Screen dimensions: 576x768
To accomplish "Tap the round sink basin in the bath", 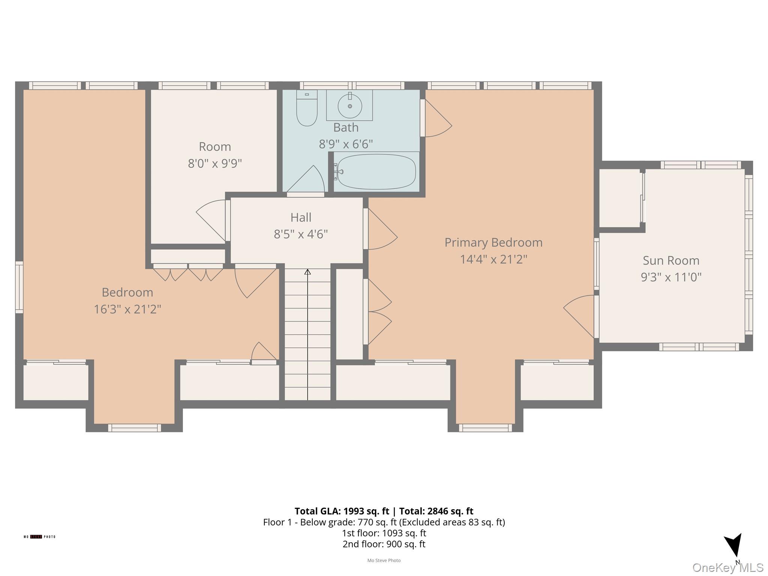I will tap(349, 106).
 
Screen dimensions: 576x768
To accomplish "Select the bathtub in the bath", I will tap(376, 172).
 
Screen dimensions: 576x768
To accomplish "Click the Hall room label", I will tap(301, 217).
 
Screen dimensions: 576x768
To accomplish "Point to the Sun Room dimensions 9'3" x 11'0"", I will tap(671, 277).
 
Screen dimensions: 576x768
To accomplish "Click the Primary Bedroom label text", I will tap(493, 243).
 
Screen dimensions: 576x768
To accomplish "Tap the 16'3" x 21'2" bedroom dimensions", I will tap(127, 309).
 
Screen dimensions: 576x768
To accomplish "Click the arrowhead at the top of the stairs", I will tap(307, 272).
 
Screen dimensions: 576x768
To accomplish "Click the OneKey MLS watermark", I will tap(727, 568).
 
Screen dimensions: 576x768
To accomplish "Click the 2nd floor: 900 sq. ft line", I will tap(384, 544).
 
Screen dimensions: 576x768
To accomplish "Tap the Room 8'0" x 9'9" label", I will tap(214, 155).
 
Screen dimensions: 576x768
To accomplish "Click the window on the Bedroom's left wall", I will tap(19, 287).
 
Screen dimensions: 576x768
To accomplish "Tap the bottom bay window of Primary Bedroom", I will tap(485, 427).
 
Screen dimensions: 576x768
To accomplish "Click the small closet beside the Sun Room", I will tap(619, 198).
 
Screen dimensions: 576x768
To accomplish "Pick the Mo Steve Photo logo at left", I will tap(39, 537).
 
